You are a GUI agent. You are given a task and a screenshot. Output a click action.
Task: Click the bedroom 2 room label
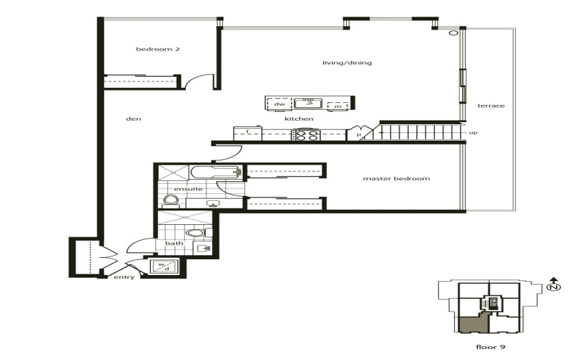click(158, 49)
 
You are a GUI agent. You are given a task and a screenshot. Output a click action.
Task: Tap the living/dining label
click(347, 62)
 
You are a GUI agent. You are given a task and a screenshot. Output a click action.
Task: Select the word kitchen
click(299, 119)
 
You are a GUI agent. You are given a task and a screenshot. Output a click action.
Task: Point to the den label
click(134, 119)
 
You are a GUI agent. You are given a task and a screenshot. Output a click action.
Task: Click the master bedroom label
click(396, 178)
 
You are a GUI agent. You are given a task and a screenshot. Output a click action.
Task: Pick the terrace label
click(491, 106)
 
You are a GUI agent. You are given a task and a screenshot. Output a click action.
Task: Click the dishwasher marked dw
click(279, 104)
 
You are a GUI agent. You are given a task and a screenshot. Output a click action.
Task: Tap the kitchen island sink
click(308, 103)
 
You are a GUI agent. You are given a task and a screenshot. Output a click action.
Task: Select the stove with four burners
click(306, 134)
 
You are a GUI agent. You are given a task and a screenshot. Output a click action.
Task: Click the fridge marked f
click(247, 134)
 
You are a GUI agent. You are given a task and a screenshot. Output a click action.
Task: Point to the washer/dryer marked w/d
click(164, 266)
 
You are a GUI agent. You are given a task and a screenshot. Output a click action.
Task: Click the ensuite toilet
click(171, 201)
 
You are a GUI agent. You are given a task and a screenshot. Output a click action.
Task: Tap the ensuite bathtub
click(215, 172)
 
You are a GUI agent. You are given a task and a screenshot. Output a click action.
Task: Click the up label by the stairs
click(473, 132)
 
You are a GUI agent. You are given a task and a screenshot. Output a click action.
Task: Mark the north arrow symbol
click(554, 285)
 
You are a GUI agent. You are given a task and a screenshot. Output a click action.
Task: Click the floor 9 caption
click(490, 347)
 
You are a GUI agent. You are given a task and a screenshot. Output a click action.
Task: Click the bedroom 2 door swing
click(195, 80)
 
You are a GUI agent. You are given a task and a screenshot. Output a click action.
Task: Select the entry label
click(124, 277)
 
